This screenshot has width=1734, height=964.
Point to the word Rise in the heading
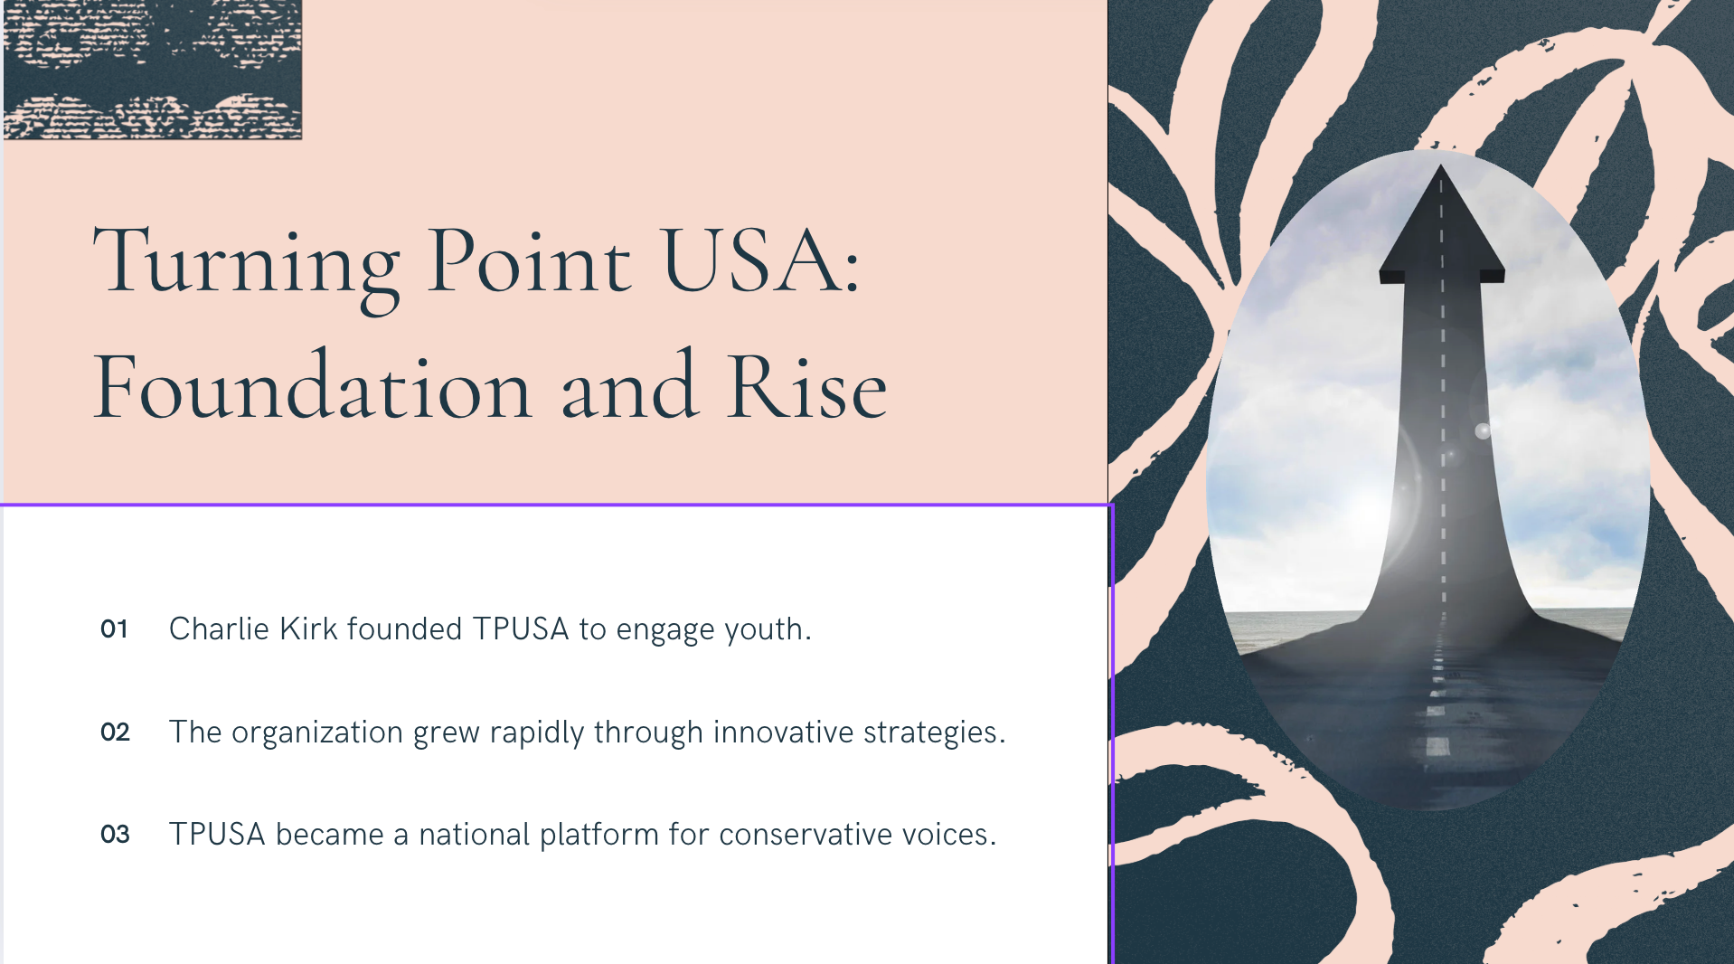pyautogui.click(x=807, y=387)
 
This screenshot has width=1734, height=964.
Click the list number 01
pyautogui.click(x=114, y=628)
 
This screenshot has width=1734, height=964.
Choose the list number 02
pyautogui.click(x=115, y=732)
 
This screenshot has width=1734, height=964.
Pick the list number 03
pyautogui.click(x=115, y=834)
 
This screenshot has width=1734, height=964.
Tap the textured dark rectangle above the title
pyautogui.click(x=153, y=70)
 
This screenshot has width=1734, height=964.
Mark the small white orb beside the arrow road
pyautogui.click(x=1483, y=430)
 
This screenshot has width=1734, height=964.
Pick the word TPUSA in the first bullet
pyautogui.click(x=521, y=628)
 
